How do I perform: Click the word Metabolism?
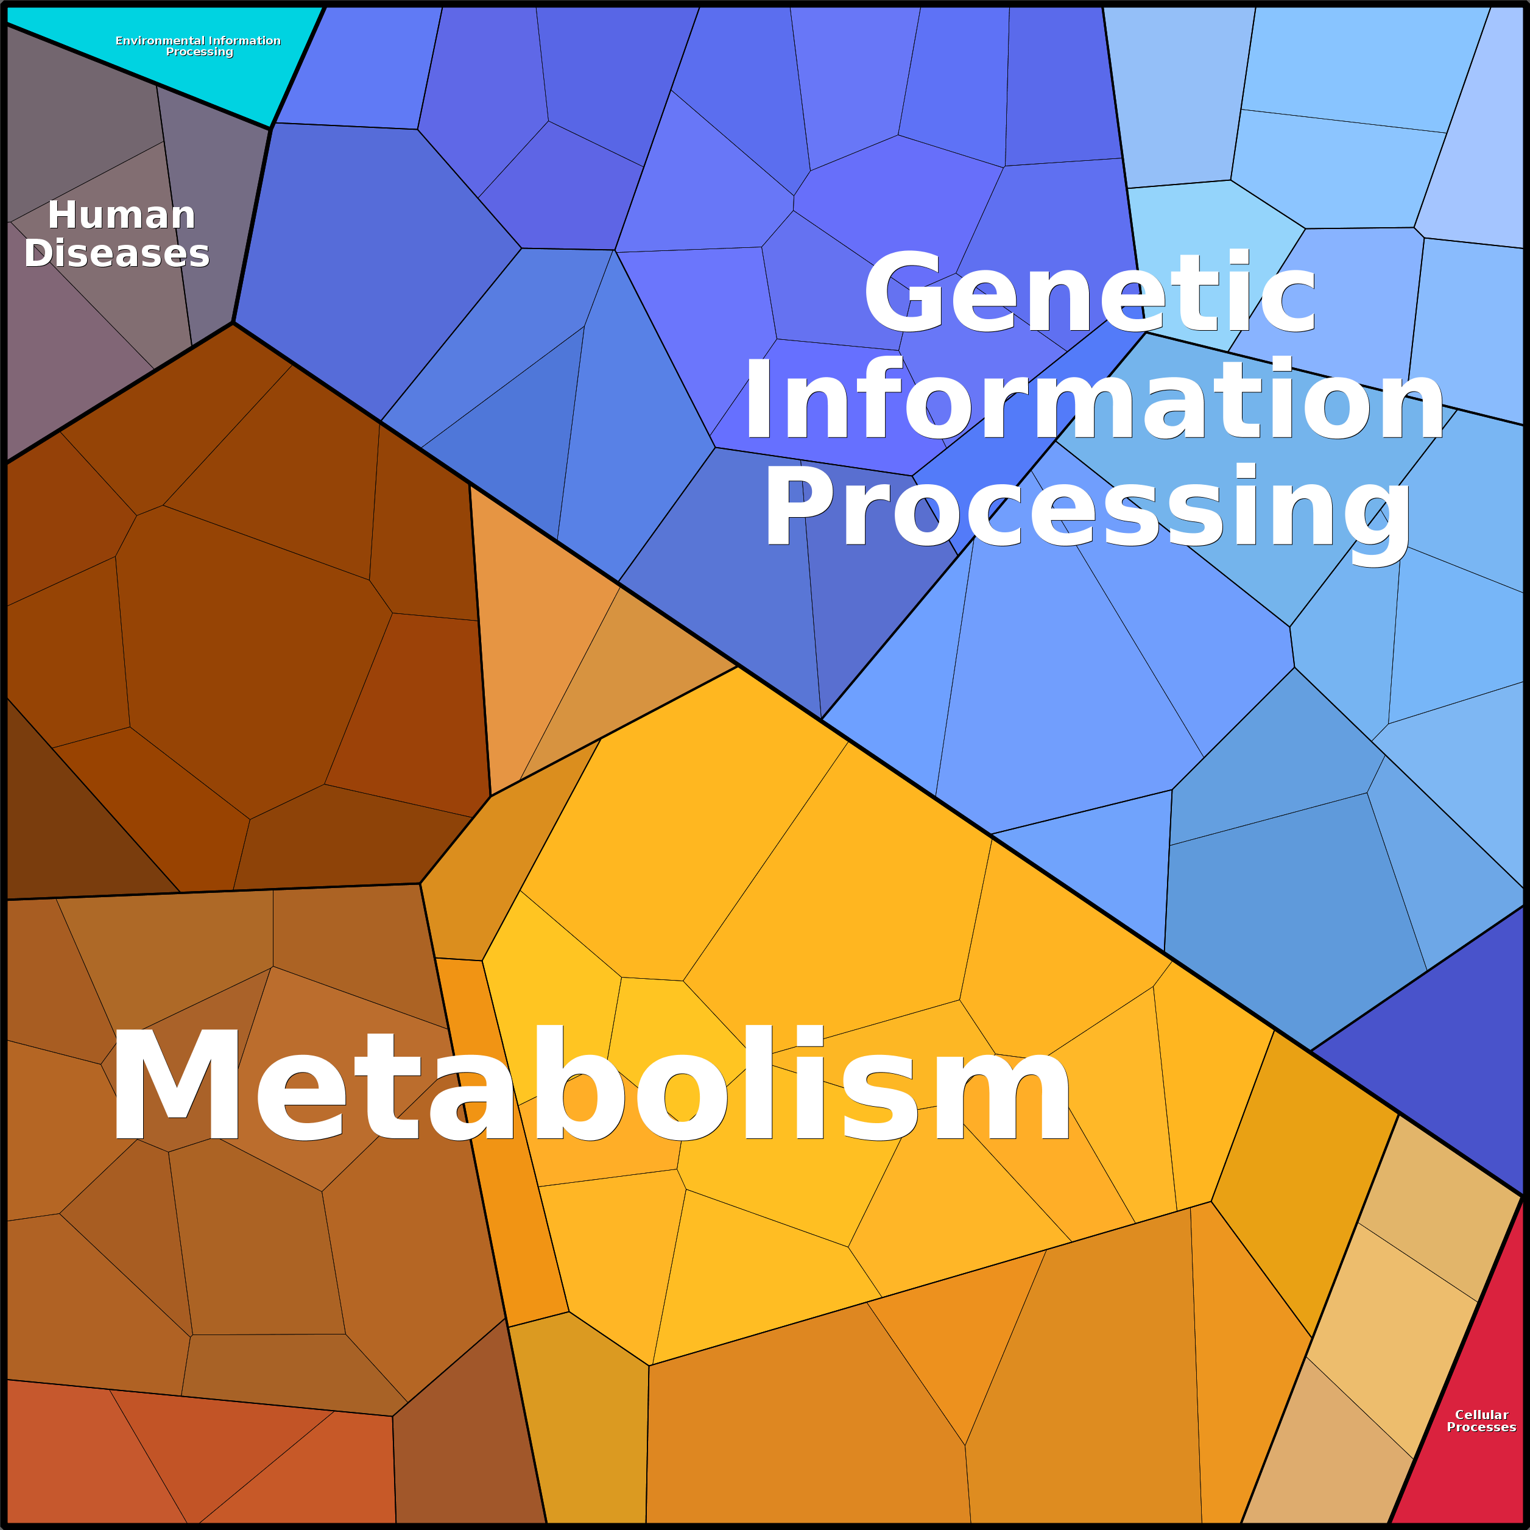591,1084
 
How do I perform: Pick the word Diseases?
116,253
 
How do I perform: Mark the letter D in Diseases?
39,253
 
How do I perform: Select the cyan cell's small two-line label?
198,46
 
